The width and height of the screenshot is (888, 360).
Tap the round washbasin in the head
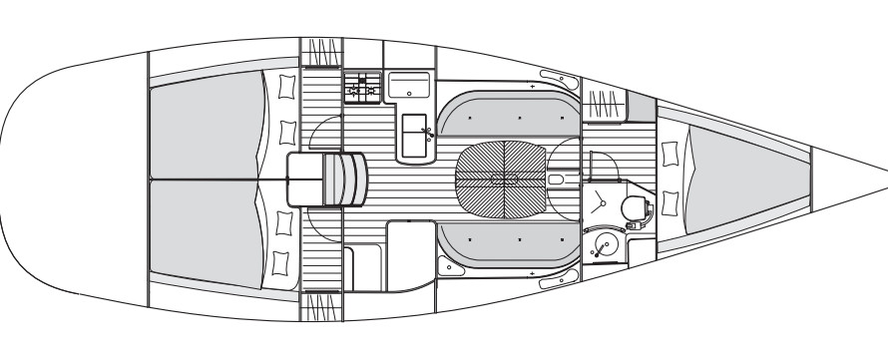pyautogui.click(x=604, y=242)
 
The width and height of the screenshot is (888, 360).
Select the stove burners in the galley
pyautogui.click(x=361, y=89)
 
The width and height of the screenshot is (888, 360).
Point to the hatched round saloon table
pyautogui.click(x=502, y=180)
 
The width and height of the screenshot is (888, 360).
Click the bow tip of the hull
pyautogui.click(x=884, y=170)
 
